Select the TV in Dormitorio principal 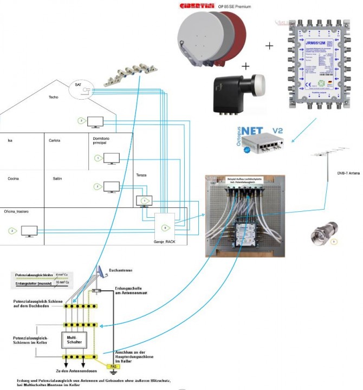(x=112, y=158)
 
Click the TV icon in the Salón (x=112, y=187)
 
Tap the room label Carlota (x=54, y=140)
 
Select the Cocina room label (x=14, y=178)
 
